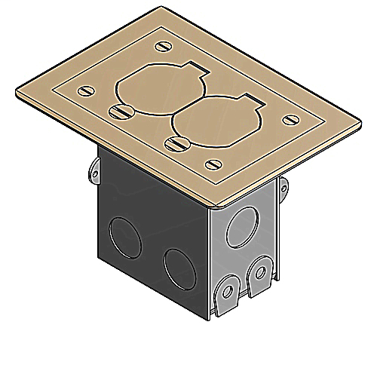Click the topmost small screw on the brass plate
[162, 46]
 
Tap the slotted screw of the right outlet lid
[176, 141]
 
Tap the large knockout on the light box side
[244, 225]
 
